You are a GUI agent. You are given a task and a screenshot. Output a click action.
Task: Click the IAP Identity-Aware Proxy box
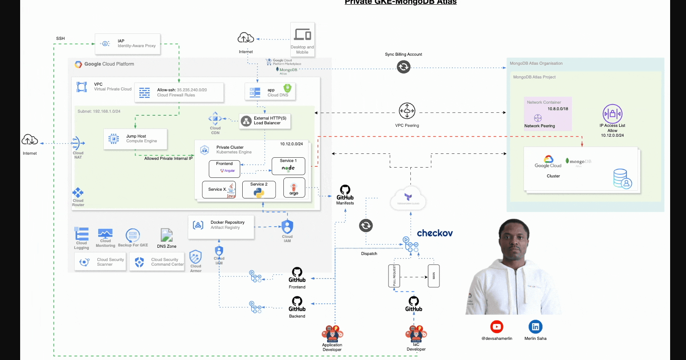[127, 44]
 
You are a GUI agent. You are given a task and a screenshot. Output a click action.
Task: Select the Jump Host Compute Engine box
[135, 139]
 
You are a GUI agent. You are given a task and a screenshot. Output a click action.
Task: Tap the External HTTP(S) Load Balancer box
[265, 121]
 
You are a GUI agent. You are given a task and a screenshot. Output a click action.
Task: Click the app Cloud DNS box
[270, 92]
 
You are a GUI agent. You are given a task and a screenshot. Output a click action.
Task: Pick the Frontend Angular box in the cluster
[224, 169]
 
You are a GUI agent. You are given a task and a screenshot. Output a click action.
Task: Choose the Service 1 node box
[288, 166]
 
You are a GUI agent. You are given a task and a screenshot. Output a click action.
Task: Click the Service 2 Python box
[259, 189]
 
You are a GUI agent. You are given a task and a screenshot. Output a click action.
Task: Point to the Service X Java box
[219, 189]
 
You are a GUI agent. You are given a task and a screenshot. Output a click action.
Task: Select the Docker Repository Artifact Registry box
[221, 227]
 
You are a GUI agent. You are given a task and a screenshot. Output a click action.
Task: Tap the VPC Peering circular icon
[407, 111]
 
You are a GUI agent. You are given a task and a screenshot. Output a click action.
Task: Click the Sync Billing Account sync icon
[403, 67]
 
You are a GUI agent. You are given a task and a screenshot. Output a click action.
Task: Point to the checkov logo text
[435, 233]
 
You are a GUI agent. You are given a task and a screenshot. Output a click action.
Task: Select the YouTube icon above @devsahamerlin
[496, 327]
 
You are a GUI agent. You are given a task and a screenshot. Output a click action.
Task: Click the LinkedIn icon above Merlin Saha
[536, 327]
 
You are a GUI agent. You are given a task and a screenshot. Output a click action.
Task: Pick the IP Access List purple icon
[612, 114]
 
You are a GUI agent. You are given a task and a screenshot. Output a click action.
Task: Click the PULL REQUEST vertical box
[394, 276]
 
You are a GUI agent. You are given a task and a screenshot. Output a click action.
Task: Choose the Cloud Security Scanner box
[100, 262]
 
